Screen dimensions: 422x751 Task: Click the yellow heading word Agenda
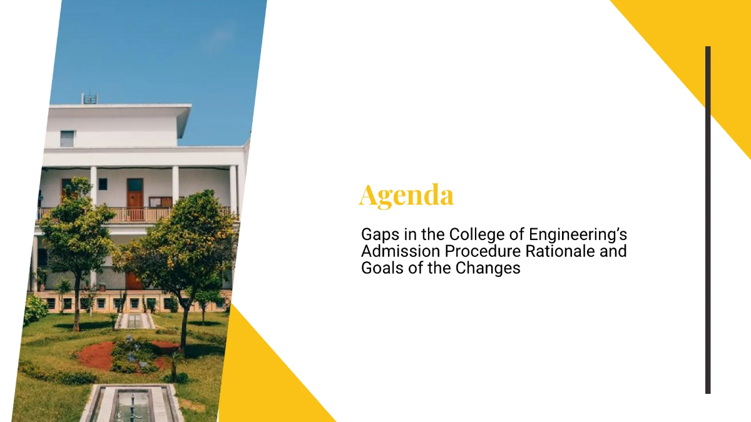tap(406, 195)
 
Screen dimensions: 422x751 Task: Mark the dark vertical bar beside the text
tap(708, 219)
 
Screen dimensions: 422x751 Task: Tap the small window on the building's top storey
tap(67, 139)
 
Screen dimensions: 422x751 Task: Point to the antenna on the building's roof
tap(89, 98)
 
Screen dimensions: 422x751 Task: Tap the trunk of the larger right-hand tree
tap(183, 325)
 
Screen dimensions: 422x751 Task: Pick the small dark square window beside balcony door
tap(102, 184)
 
